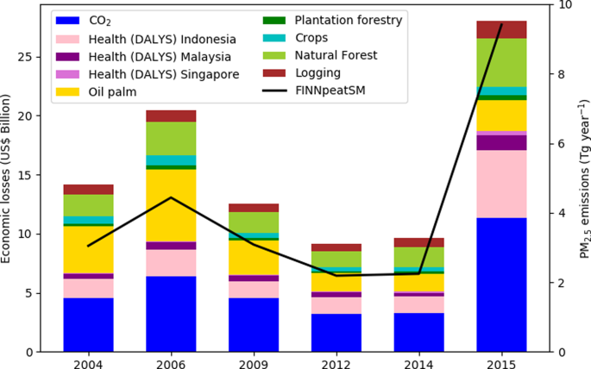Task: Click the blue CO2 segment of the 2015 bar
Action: click(x=501, y=285)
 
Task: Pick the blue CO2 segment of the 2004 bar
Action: click(x=89, y=324)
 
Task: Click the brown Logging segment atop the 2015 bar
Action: click(x=501, y=29)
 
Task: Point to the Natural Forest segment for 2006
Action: click(x=171, y=138)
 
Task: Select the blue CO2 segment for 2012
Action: click(x=336, y=332)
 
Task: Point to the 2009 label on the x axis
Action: click(x=253, y=362)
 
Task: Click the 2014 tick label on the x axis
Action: click(x=418, y=362)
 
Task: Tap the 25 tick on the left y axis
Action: click(x=30, y=57)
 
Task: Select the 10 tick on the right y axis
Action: click(x=567, y=5)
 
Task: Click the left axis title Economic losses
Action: click(x=8, y=176)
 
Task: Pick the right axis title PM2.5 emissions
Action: click(x=584, y=176)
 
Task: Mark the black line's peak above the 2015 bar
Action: click(x=501, y=24)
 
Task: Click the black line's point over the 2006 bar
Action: click(x=171, y=197)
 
